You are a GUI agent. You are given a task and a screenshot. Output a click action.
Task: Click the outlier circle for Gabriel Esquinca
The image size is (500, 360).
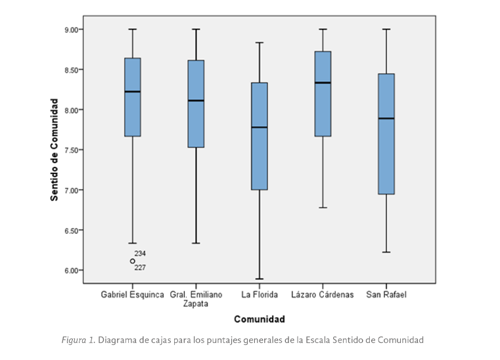(x=133, y=261)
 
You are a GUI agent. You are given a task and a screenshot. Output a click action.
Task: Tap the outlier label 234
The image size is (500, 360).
(x=140, y=254)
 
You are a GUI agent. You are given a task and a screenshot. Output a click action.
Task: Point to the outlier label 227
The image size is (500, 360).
(x=140, y=267)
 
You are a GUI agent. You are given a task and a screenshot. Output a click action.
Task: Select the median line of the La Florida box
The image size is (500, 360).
(x=260, y=127)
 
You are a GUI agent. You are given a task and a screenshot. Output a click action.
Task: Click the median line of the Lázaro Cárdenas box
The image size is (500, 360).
(x=323, y=83)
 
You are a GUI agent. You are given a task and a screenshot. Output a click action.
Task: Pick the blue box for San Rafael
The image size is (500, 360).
(x=386, y=134)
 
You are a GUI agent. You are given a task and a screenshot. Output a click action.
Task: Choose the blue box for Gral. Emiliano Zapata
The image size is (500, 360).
(x=196, y=104)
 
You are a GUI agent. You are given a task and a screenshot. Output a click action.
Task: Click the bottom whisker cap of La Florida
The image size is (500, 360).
(x=260, y=279)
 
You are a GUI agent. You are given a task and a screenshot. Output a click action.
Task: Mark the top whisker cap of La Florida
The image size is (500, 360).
(x=260, y=43)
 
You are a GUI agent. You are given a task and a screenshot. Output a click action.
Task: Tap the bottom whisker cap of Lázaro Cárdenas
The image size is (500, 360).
(x=323, y=208)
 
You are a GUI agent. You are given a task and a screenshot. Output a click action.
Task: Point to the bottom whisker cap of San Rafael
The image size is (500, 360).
(x=386, y=252)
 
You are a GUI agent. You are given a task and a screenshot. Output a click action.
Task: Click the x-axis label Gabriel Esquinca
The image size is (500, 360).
(x=132, y=294)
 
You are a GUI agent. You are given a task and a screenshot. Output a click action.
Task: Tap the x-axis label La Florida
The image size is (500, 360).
(x=260, y=294)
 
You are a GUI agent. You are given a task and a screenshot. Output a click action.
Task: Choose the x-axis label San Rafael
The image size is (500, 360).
(x=386, y=294)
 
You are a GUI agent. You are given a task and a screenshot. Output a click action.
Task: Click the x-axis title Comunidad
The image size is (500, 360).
(x=259, y=320)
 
